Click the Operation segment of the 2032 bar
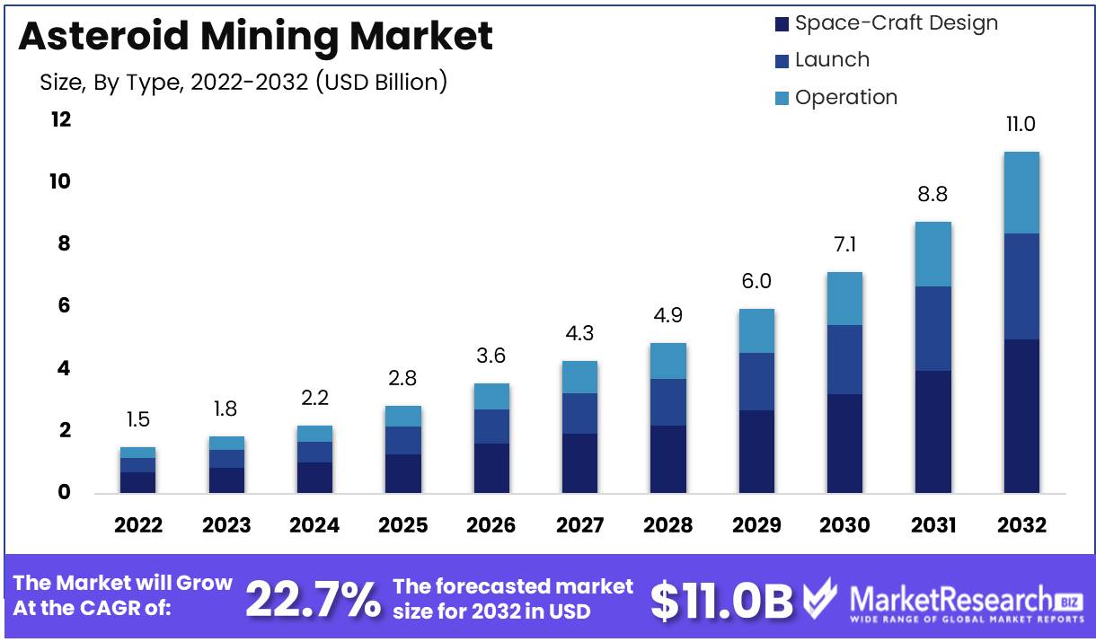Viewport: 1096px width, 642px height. (1021, 193)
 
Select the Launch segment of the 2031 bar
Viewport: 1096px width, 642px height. (933, 329)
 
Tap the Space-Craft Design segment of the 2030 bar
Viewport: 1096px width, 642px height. (844, 444)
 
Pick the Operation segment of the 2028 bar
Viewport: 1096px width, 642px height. (667, 361)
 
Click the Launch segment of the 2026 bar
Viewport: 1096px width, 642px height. (491, 427)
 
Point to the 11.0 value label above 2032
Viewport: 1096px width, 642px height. (1021, 124)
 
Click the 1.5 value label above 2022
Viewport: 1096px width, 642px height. (138, 419)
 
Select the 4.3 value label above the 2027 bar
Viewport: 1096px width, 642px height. (579, 333)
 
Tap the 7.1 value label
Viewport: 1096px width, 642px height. (845, 244)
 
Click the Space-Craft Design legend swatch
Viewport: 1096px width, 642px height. (782, 24)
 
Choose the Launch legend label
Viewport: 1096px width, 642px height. (832, 60)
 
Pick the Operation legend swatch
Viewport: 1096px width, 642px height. (782, 98)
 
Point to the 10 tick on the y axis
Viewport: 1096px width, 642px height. (60, 182)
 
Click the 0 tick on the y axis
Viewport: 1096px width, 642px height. (64, 492)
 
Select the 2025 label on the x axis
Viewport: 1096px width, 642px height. (403, 525)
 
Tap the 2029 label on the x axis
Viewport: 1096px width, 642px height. (756, 525)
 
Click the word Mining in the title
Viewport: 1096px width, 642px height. (270, 38)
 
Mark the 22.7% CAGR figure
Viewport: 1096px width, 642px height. (314, 600)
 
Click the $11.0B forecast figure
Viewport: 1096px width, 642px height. (721, 601)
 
